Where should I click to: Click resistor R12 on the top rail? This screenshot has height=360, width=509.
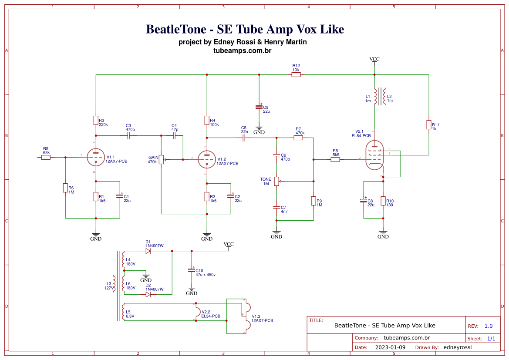pos(296,75)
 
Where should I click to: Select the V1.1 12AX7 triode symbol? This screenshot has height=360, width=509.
pos(95,157)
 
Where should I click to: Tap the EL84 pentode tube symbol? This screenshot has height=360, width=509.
pos(374,155)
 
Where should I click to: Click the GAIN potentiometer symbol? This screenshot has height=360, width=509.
pos(161,159)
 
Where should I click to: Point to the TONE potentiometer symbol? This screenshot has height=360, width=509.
pos(276,181)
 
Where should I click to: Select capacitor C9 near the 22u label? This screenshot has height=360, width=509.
pos(259,107)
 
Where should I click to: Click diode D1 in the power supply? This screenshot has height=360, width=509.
pos(148,251)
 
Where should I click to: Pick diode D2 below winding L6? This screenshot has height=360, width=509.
pos(148,295)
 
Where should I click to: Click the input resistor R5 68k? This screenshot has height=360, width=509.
pos(46,157)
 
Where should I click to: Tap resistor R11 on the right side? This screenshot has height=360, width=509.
pos(429,125)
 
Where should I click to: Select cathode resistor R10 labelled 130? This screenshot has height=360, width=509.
pos(383,201)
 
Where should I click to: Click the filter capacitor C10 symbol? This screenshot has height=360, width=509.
pos(191,270)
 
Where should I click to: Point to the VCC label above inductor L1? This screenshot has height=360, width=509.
pos(374,59)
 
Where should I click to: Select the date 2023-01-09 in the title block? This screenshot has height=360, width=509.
pos(390,347)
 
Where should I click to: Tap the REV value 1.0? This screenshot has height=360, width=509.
pos(489,326)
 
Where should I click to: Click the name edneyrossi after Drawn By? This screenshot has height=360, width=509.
pos(457,347)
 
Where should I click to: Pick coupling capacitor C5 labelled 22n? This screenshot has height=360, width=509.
pos(244,138)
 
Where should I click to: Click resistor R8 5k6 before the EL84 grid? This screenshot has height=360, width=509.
pos(335,160)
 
